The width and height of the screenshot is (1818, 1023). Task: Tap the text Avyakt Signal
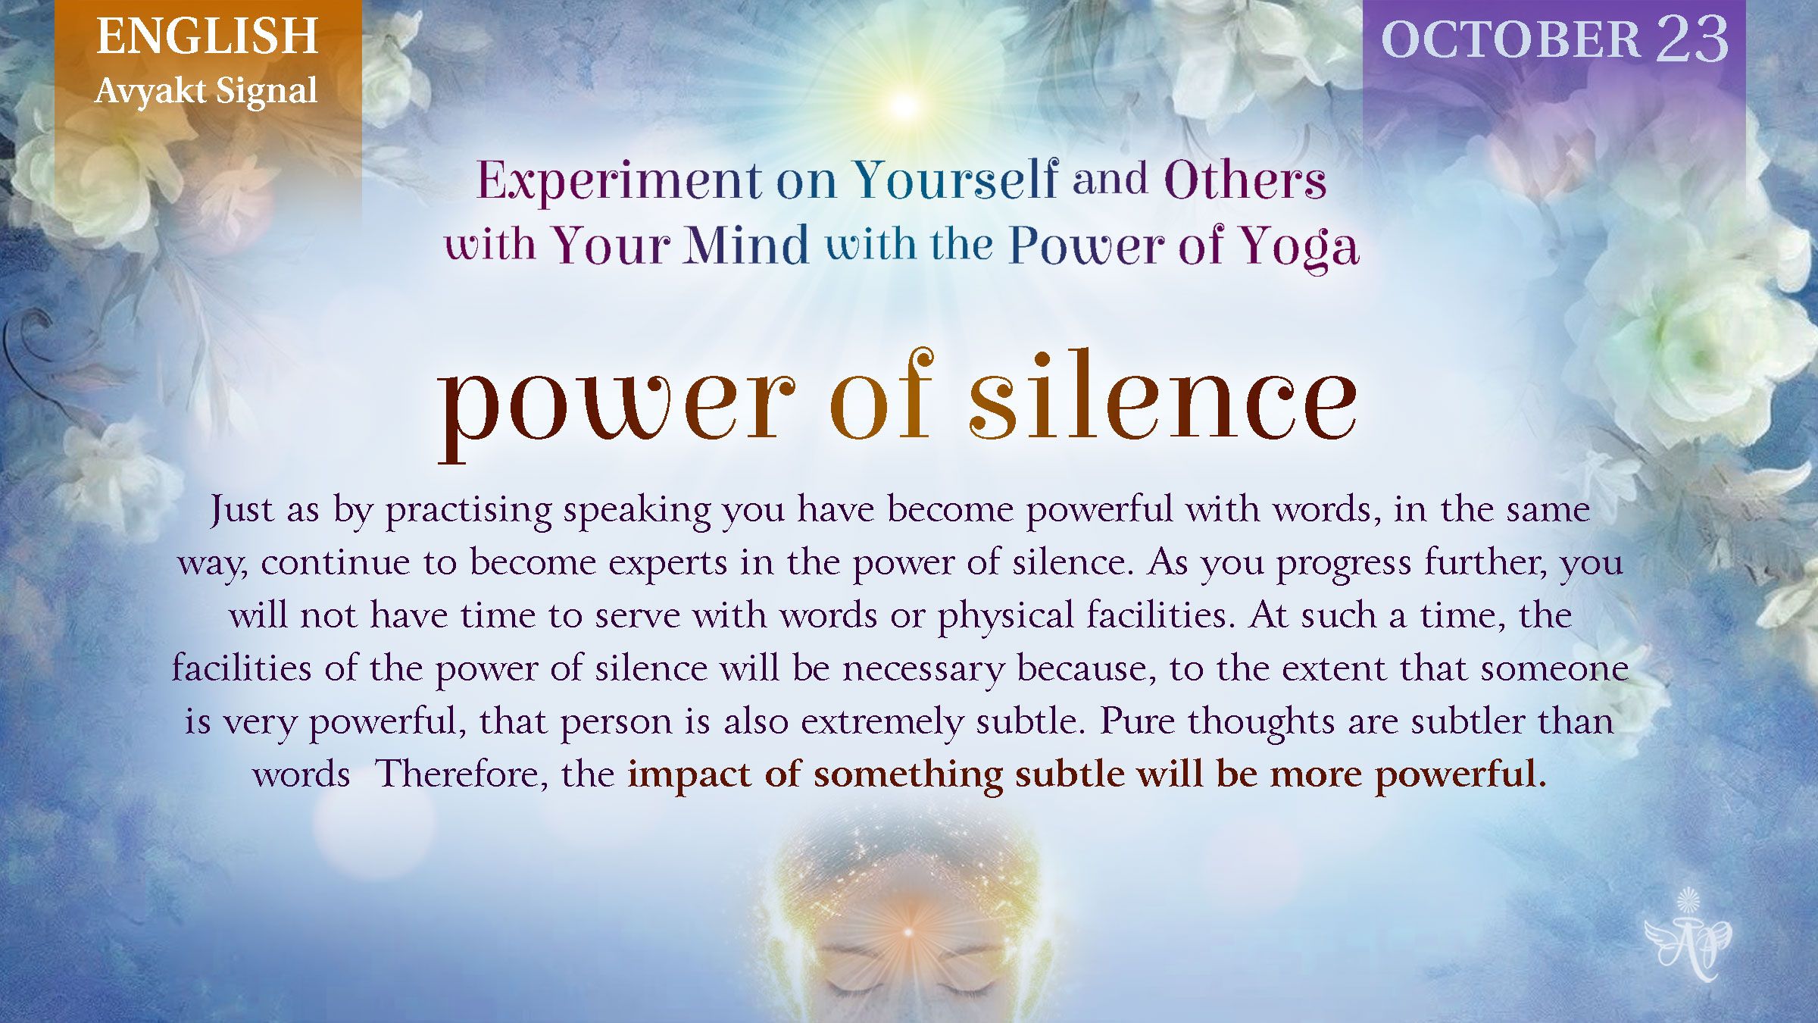206,92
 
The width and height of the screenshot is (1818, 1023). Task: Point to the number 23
1692,39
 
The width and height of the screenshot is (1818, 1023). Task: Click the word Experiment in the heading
619,182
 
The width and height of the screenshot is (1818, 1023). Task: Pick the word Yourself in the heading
956,180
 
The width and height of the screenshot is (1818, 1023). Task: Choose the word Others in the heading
1245,180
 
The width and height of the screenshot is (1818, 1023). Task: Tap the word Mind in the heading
747,246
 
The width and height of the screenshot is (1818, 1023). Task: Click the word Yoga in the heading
1298,248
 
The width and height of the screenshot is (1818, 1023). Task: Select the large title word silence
1163,395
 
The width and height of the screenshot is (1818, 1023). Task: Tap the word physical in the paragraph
1005,615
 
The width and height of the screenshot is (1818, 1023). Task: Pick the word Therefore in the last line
462,774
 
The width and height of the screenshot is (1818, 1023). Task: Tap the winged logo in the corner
1688,934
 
